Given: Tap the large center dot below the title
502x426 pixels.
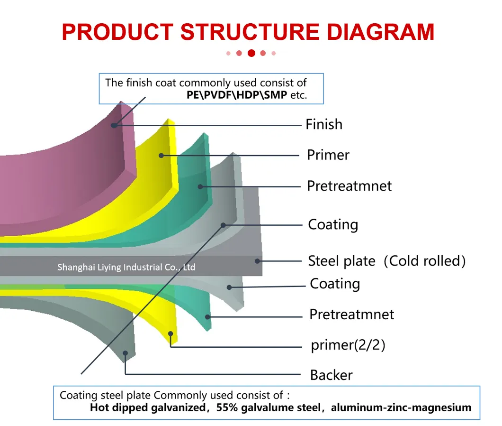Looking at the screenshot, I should (251, 53).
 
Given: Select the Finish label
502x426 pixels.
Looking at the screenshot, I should (323, 124).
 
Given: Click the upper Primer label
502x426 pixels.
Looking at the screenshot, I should (328, 155).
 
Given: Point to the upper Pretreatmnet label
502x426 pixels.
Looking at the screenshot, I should (349, 185).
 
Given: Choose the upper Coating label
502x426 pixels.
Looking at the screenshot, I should (332, 224).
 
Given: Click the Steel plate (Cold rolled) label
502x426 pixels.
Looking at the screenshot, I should (386, 260).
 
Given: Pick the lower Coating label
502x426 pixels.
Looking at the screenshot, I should (334, 284).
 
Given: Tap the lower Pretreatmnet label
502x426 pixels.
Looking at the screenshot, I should (351, 314).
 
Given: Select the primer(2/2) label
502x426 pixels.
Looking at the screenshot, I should (348, 345).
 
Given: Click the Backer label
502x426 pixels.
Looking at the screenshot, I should (331, 375).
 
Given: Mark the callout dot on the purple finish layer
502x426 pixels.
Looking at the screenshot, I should (114, 125).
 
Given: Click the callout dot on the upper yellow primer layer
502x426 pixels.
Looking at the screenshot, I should (161, 155).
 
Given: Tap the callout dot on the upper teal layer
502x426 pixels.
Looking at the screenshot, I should (200, 186).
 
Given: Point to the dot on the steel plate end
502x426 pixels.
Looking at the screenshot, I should (257, 260).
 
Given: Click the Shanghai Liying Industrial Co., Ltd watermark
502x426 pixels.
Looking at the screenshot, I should (126, 267).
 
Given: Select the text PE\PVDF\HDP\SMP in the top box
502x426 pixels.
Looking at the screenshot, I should (237, 94).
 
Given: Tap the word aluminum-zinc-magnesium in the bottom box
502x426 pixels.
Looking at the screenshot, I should (401, 407).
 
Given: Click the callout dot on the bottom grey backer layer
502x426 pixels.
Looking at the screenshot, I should (125, 352).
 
